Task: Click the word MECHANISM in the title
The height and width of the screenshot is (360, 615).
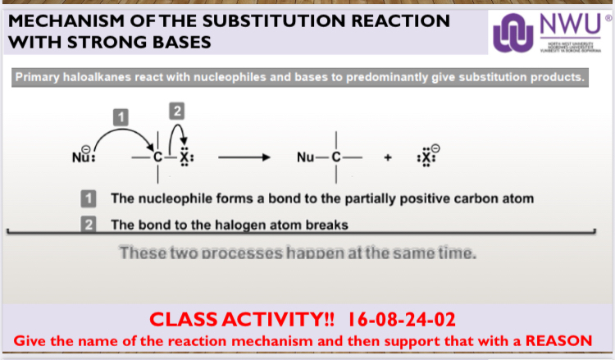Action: pos(65,20)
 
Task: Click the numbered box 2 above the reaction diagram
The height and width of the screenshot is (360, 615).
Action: pos(176,109)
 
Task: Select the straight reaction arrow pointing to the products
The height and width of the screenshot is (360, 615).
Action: pos(243,156)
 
